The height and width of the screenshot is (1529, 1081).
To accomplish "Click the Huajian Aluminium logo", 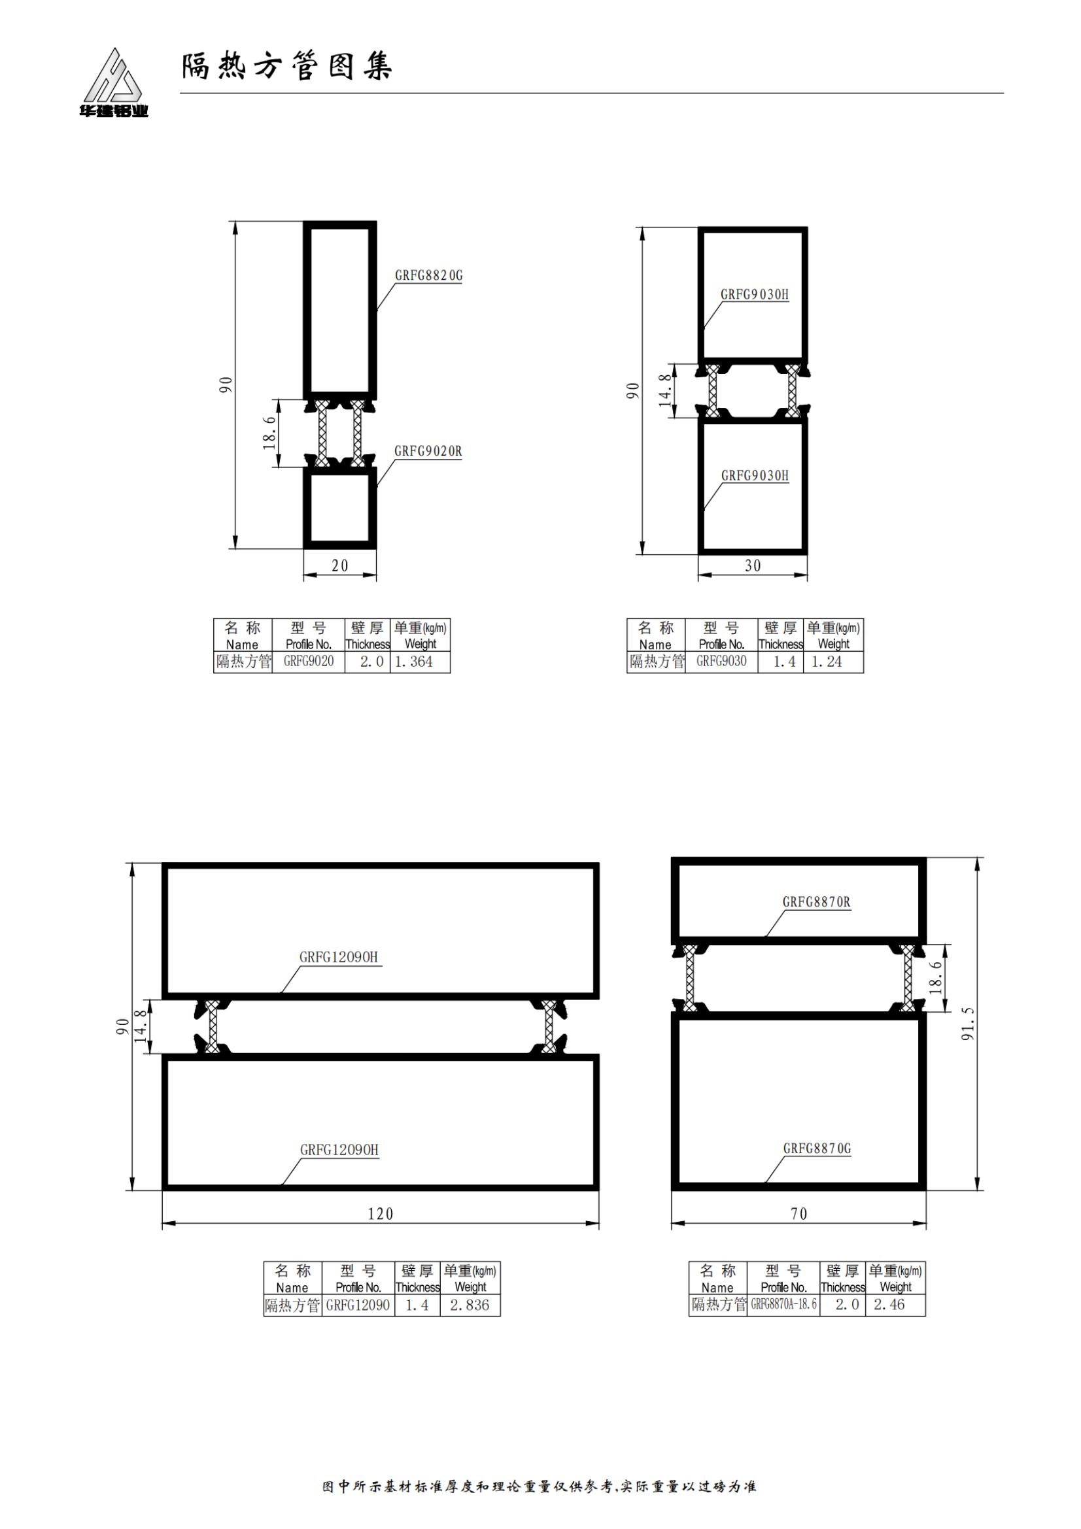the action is tap(112, 82).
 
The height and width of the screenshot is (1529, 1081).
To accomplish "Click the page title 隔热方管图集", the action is tap(287, 67).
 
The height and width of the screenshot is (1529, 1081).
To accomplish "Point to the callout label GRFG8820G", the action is tap(428, 275).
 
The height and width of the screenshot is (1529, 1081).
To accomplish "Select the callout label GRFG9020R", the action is tap(428, 451).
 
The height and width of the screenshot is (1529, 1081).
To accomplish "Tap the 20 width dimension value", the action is tap(339, 565).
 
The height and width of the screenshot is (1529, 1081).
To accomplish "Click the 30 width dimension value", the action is tap(753, 565).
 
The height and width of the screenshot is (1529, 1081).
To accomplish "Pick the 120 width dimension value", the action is tap(381, 1214).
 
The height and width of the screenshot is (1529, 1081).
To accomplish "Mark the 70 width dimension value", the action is tap(798, 1214).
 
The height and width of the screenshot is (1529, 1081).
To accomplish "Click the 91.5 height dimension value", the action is tap(968, 1023).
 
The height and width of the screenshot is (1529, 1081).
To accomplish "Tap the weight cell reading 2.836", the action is tap(470, 1305).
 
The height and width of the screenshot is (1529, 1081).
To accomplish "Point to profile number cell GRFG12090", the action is tap(358, 1305).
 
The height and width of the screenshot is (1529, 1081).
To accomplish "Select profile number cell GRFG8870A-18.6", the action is tap(784, 1305).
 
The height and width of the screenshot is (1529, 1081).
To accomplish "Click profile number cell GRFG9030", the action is tap(721, 662).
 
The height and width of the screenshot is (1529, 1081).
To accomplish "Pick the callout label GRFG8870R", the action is tap(817, 901).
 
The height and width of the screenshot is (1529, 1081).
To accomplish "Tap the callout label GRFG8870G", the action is tap(817, 1148).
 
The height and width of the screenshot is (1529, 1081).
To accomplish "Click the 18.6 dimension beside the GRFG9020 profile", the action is tap(269, 433).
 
